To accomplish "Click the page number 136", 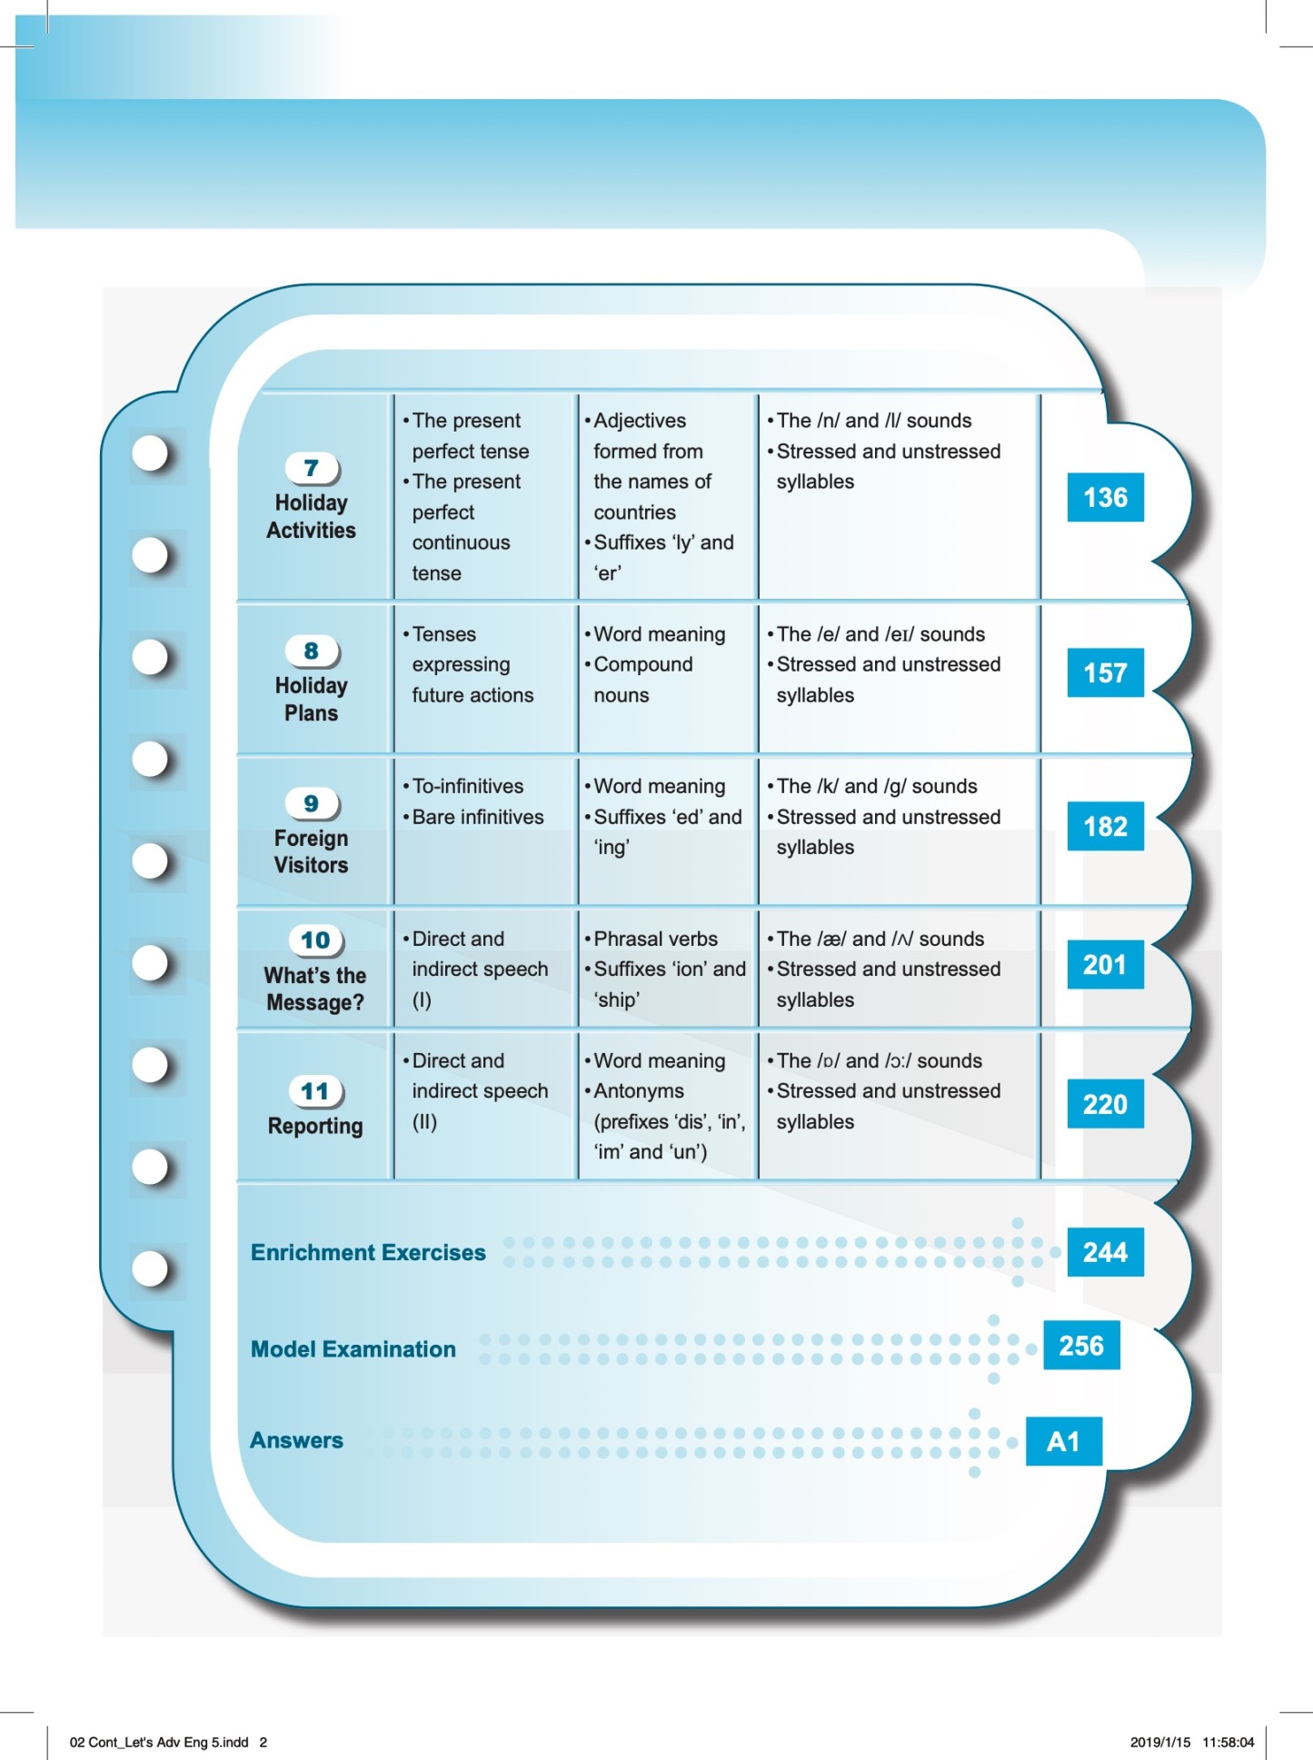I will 1105,498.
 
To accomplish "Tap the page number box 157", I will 1105,673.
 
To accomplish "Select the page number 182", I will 1105,827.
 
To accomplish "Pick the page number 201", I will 1105,965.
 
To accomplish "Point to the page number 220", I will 1105,1105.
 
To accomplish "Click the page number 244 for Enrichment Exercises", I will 1105,1253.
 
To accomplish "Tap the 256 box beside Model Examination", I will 1081,1346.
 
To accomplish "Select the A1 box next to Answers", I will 1063,1442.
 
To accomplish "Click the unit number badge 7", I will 312,468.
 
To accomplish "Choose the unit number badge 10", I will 315,940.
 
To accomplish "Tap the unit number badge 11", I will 315,1091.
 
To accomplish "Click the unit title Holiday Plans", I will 312,700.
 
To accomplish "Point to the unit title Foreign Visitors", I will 312,851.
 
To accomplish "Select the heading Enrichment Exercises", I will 368,1253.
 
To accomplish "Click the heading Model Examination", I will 353,1349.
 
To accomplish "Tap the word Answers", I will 297,1441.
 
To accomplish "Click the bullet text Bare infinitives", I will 478,817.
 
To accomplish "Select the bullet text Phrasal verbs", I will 655,939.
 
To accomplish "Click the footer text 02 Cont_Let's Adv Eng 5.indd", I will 159,1742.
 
